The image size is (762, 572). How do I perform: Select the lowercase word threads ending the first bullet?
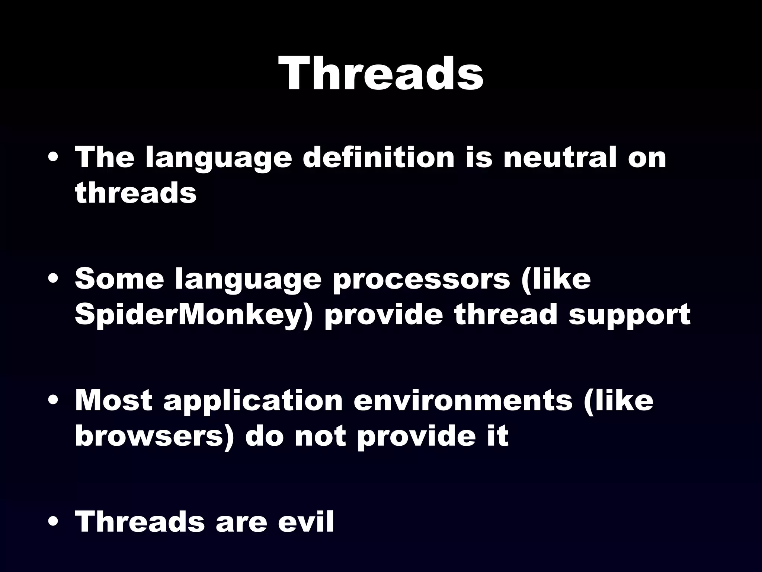click(135, 193)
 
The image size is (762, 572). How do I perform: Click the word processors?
click(421, 279)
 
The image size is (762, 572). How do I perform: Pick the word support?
click(629, 315)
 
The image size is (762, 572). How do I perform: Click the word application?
click(253, 401)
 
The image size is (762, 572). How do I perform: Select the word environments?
click(463, 401)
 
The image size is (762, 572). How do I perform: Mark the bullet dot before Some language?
click(54, 280)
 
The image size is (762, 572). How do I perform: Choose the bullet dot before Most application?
click(54, 401)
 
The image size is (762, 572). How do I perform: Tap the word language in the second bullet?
click(248, 279)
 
